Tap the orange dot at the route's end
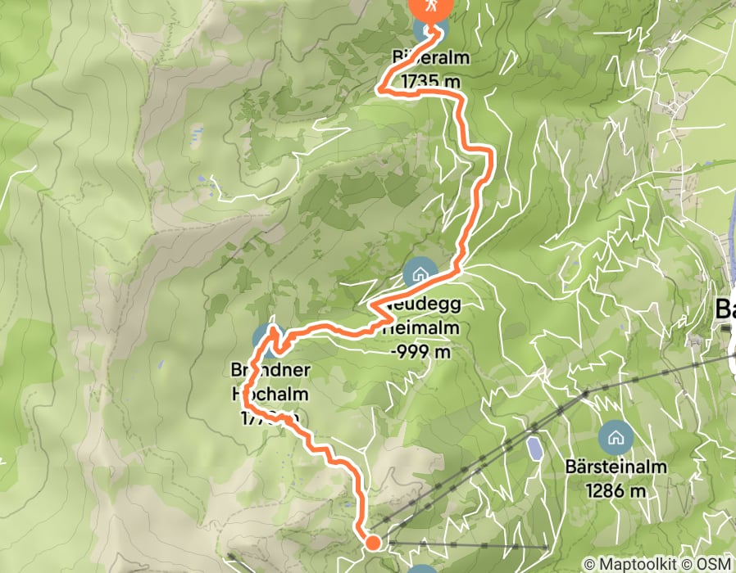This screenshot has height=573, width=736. point(372,542)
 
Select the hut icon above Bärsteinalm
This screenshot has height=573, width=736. point(615,437)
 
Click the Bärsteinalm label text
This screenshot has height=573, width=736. point(616,468)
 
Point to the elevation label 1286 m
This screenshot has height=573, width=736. point(616,491)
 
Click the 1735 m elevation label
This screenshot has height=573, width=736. point(431,82)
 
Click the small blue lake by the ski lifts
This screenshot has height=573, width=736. point(534,448)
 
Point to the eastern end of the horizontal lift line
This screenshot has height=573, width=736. point(546,546)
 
